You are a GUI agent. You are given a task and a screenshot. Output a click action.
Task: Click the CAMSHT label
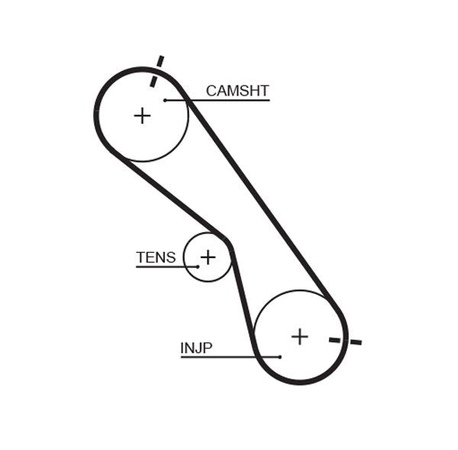click(237, 92)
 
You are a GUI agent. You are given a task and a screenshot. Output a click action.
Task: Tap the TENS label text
click(156, 258)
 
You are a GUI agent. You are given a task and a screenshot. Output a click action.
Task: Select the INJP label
click(196, 349)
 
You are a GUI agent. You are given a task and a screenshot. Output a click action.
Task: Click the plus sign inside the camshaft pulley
click(142, 115)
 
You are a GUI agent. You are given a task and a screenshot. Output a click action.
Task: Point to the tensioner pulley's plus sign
click(208, 257)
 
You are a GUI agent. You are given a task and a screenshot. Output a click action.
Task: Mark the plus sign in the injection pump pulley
click(299, 336)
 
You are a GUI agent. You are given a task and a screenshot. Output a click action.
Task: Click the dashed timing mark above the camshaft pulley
click(156, 71)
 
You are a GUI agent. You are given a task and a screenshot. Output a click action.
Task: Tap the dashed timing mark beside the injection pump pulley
click(345, 340)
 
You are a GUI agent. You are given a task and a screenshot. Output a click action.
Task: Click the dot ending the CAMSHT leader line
click(165, 100)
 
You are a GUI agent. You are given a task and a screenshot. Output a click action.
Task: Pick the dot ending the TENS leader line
click(197, 267)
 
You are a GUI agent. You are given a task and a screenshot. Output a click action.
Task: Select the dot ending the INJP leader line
click(280, 357)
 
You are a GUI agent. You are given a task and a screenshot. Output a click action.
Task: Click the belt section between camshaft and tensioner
click(168, 191)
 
